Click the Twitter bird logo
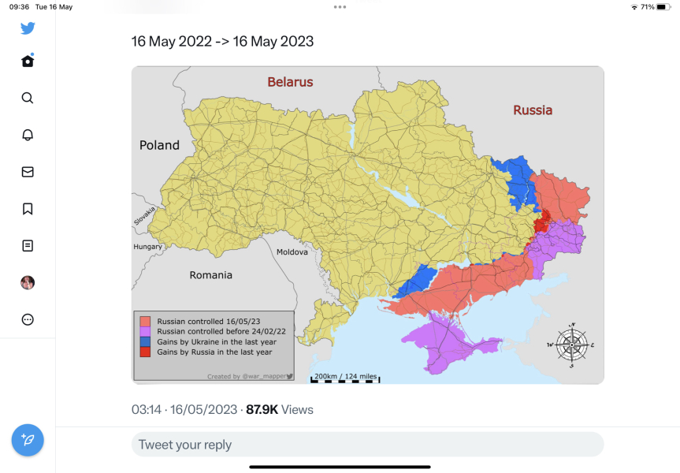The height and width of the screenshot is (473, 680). point(28,28)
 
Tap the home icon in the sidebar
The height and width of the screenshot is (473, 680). point(28,61)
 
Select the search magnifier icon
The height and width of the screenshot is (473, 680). point(28,98)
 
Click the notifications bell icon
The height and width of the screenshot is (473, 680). point(28,135)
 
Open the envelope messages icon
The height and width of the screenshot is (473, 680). point(28,172)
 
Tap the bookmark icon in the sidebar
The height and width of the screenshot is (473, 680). point(28,209)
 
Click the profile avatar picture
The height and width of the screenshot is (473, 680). point(28,282)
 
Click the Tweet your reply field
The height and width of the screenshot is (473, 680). point(367,445)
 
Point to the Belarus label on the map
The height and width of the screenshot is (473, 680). point(290,82)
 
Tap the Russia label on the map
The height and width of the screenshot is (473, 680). point(533,110)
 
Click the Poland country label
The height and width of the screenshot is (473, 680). point(159,145)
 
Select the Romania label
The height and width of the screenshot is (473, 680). point(210,275)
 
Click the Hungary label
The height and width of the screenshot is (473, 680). point(147,247)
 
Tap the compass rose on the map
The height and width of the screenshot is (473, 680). point(572,345)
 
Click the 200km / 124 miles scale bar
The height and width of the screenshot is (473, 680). point(345,378)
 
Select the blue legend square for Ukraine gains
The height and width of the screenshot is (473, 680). point(145,342)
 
